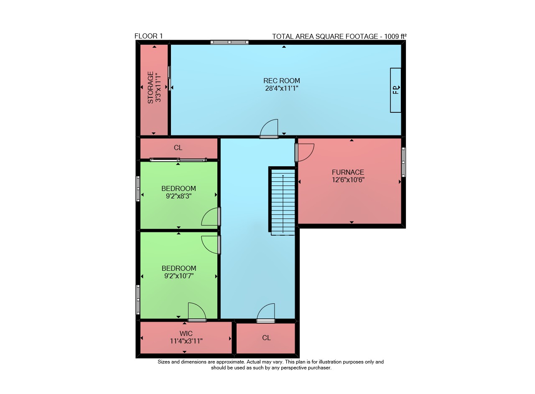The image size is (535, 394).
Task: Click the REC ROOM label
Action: [x=282, y=81]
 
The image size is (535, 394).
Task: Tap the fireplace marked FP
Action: [x=395, y=90]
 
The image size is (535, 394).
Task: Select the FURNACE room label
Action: [x=348, y=172]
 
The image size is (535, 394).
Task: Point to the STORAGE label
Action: [x=150, y=87]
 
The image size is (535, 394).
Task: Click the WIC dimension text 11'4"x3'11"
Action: [x=186, y=341]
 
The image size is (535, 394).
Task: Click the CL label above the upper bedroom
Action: [x=178, y=148]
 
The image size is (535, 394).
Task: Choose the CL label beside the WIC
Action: [x=266, y=338]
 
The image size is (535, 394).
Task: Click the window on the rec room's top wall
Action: [x=229, y=42]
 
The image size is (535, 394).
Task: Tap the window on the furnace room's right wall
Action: [x=403, y=162]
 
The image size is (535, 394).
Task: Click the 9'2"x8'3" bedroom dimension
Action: [x=178, y=196]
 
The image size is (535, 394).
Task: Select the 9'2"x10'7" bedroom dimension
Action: [x=178, y=276]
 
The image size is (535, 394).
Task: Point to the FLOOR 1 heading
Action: [x=148, y=36]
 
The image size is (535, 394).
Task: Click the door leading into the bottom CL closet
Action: [x=265, y=313]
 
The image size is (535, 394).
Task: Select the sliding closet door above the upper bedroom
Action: [x=178, y=160]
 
